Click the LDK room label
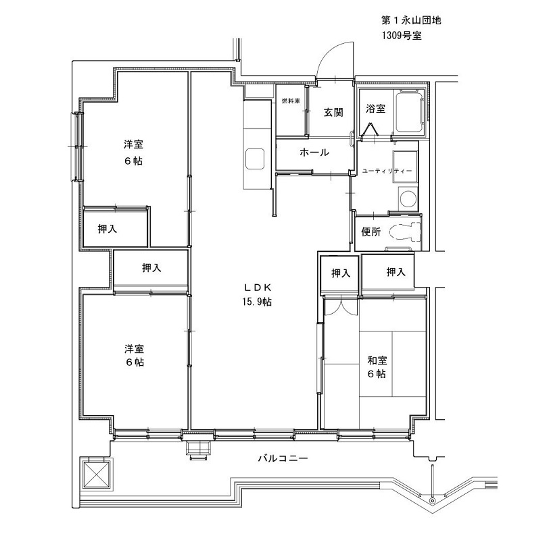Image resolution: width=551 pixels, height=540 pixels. click(258, 288)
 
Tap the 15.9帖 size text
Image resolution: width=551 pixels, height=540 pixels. click(257, 302)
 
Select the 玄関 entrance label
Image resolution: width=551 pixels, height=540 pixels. click(333, 112)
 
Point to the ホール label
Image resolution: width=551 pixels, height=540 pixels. click(314, 153)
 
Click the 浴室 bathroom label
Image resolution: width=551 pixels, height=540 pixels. click(375, 109)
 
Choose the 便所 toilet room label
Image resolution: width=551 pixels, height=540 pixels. click(370, 232)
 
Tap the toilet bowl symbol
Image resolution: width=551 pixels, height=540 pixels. click(408, 232)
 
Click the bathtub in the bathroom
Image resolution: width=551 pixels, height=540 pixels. click(410, 112)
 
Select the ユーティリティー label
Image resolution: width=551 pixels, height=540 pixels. click(387, 171)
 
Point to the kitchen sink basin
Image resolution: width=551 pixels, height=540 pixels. click(255, 159)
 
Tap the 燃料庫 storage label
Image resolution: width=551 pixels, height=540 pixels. click(291, 101)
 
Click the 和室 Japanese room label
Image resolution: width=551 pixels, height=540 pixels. click(377, 360)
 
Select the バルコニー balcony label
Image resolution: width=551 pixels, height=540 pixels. click(283, 458)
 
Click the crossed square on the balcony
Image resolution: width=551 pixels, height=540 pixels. click(96, 474)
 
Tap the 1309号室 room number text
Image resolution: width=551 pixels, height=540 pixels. click(402, 36)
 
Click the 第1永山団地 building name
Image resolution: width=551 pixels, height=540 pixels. click(411, 20)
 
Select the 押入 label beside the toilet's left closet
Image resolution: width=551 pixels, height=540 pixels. click(341, 273)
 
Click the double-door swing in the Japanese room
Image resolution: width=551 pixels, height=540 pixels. click(341, 307)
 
